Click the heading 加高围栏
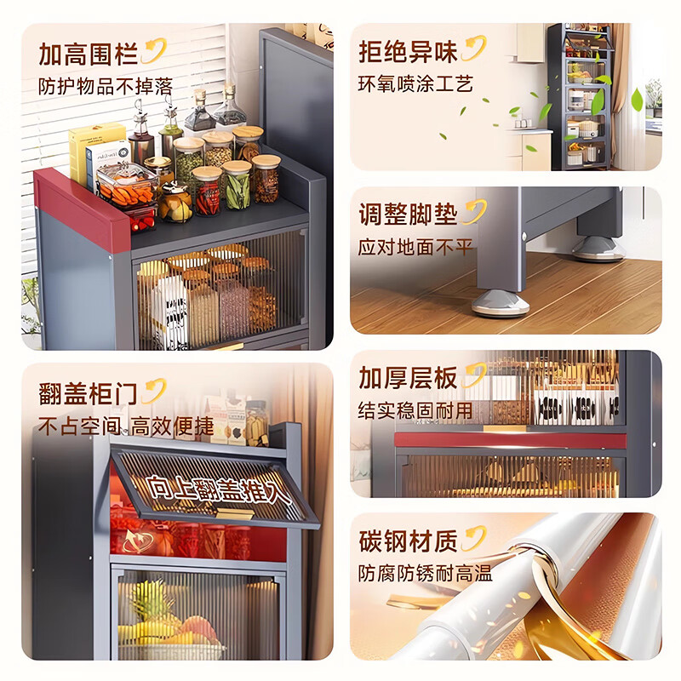(x=89, y=54)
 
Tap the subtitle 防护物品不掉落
(x=106, y=86)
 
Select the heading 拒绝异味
(x=408, y=51)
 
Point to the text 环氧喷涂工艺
(x=415, y=83)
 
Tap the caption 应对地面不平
(x=415, y=247)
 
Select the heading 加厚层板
(x=408, y=377)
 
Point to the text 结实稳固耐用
(x=415, y=409)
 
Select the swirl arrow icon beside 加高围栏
(x=154, y=50)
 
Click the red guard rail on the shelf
(x=81, y=204)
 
